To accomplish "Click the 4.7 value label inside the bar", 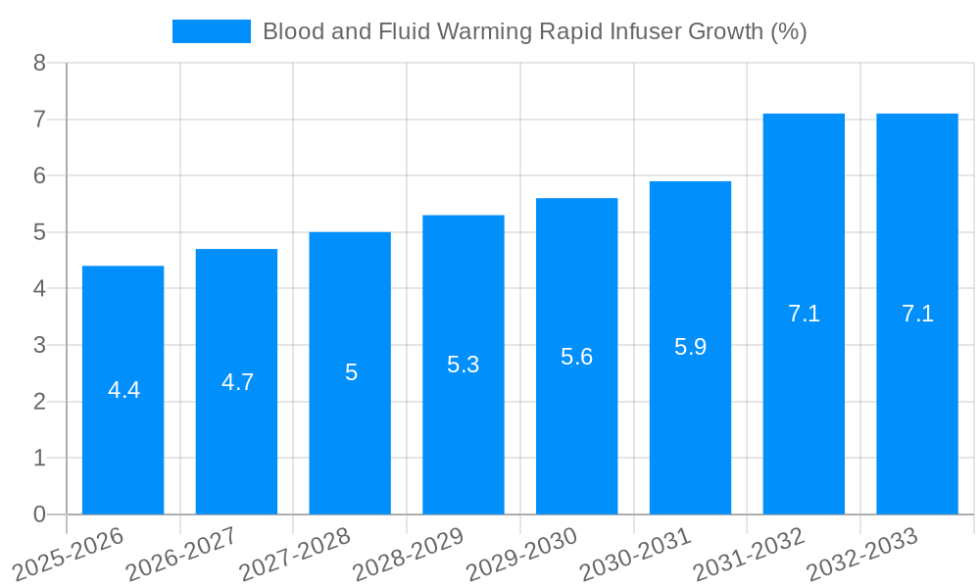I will (237, 382).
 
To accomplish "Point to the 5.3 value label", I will (464, 365).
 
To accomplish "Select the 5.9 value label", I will (690, 347).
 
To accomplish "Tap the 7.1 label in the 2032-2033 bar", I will (917, 314).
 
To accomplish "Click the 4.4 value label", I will (123, 390).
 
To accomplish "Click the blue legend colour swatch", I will (211, 31).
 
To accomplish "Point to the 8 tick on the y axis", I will (39, 64).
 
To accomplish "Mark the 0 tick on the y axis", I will (39, 514).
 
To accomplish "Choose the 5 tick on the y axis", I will (39, 232).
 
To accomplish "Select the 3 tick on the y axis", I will (39, 345).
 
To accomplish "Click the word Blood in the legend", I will (292, 31).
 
